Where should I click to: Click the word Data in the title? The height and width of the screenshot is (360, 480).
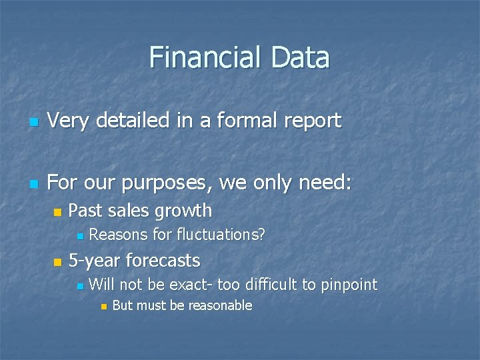[x=300, y=57]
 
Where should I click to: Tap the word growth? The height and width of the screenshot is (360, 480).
[x=183, y=211]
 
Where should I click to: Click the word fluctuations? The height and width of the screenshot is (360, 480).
[x=221, y=235]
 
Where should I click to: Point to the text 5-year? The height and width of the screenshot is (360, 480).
[x=95, y=260]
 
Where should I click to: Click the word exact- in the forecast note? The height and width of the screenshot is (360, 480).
[x=191, y=285]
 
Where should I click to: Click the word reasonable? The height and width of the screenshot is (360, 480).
[x=220, y=305]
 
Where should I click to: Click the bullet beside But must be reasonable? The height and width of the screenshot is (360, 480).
[x=102, y=307]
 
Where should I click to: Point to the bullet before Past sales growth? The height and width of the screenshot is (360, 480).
[x=57, y=213]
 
